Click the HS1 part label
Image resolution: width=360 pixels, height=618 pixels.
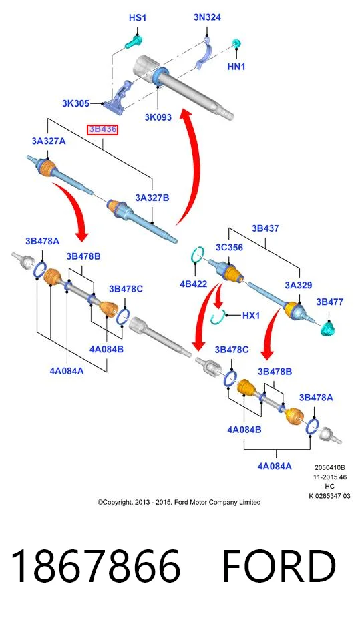pos(137,18)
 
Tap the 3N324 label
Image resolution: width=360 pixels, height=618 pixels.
pos(207,17)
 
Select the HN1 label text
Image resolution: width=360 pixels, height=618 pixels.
pos(236,67)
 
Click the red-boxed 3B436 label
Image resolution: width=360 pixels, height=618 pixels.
pos(102,129)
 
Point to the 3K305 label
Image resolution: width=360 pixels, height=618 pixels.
pos(75,103)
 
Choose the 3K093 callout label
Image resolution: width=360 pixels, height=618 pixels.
pos(158,117)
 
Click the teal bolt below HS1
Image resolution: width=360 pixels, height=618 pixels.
pos(134,42)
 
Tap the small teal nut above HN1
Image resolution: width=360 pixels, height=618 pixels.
pos(236,43)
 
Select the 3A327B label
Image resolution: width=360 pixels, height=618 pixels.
pos(152,198)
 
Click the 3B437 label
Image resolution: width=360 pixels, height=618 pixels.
pos(265,228)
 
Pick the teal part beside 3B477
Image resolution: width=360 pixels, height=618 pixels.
pos(328,329)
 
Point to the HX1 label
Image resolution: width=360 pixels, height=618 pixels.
pos(251,316)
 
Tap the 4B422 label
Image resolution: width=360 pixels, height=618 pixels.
pos(193,284)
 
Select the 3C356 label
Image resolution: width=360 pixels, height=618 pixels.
pos(229,247)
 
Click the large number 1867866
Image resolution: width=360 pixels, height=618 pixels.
pos(96,566)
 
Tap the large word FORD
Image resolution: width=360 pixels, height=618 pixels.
pos(279,566)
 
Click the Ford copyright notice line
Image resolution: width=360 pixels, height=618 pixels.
pos(179,502)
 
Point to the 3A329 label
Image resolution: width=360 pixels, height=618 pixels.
pos(299,285)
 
